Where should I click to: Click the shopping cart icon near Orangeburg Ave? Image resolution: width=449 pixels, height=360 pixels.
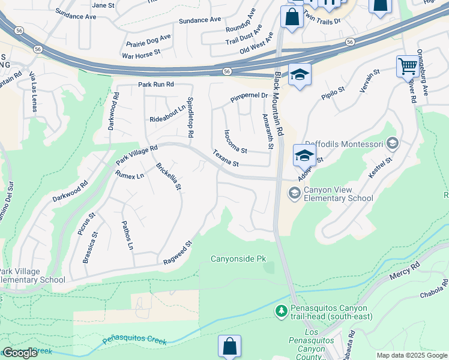(408, 66)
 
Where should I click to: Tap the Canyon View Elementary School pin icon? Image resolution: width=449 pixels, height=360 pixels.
(294, 193)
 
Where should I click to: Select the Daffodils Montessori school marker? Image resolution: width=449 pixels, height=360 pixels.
(393, 143)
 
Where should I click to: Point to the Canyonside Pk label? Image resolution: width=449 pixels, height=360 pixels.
(238, 259)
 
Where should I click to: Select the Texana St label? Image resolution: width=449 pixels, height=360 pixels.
(226, 159)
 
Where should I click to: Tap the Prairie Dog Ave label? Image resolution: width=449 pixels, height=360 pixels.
(148, 40)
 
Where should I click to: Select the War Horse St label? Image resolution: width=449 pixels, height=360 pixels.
(141, 53)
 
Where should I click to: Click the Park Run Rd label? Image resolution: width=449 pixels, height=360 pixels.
(155, 85)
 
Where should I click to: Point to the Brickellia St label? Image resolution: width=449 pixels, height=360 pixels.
(168, 176)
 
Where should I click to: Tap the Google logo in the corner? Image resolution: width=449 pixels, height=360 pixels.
(20, 353)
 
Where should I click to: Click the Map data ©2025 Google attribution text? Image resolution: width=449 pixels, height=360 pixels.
(411, 355)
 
